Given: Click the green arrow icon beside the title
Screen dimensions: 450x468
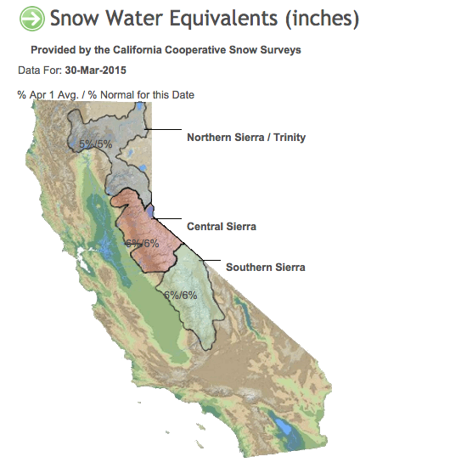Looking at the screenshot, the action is click(x=32, y=19).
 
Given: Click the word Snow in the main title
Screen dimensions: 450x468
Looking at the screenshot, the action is click(x=75, y=18).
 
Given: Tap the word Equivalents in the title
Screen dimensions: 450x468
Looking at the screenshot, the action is click(x=224, y=19).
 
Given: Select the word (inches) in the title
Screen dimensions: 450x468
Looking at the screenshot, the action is click(x=322, y=19).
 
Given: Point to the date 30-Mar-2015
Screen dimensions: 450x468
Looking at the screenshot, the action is click(x=95, y=70).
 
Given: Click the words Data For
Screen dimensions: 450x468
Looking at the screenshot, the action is click(x=40, y=70).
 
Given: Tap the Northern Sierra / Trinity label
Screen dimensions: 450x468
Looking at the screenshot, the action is click(x=246, y=138).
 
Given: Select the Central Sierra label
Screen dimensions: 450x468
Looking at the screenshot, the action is click(x=222, y=227).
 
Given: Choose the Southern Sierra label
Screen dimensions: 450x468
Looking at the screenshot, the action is click(x=266, y=268).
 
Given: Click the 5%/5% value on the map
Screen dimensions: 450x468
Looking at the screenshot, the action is click(x=96, y=144).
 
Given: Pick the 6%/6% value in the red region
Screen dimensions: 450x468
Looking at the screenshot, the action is click(x=142, y=244).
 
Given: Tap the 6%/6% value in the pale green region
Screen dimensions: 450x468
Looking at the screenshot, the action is click(x=181, y=296).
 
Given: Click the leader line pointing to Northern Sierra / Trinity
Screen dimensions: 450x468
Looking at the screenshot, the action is click(x=163, y=129).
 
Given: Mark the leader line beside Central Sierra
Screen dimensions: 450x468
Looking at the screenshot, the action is click(x=168, y=218).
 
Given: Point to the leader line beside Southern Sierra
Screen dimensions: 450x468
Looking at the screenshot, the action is click(x=212, y=260).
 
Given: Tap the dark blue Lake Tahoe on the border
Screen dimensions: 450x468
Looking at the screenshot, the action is click(x=150, y=211).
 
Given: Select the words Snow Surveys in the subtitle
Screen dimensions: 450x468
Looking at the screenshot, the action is click(x=265, y=50).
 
